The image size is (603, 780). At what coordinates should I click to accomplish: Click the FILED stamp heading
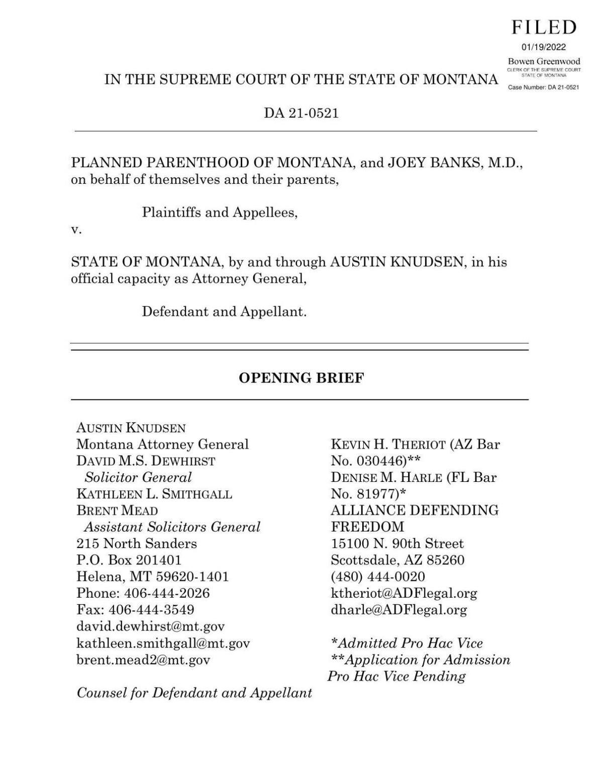pyautogui.click(x=544, y=28)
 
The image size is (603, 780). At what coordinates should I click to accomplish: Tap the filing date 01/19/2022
pyautogui.click(x=544, y=48)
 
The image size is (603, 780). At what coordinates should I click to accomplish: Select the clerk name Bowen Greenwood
pyautogui.click(x=544, y=61)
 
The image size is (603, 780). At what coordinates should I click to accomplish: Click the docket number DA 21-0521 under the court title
pyautogui.click(x=301, y=113)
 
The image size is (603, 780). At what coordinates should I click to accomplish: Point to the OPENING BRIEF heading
pyautogui.click(x=301, y=378)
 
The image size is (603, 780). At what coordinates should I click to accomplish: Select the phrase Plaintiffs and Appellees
pyautogui.click(x=220, y=213)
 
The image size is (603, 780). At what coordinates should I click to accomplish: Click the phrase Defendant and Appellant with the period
pyautogui.click(x=224, y=312)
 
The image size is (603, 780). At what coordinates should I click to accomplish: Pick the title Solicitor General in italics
pyautogui.click(x=138, y=477)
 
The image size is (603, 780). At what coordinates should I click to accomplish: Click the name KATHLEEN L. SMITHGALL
pyautogui.click(x=154, y=494)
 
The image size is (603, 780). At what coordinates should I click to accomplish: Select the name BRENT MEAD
pyautogui.click(x=117, y=511)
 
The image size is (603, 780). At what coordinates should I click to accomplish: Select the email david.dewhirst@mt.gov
pyautogui.click(x=150, y=626)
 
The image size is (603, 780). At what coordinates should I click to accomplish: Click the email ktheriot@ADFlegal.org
pyautogui.click(x=404, y=593)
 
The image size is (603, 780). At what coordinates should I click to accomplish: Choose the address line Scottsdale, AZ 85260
pyautogui.click(x=397, y=560)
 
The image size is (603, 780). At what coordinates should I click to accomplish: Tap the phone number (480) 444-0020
pyautogui.click(x=377, y=577)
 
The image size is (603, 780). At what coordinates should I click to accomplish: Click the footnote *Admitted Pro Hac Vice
pyautogui.click(x=407, y=643)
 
